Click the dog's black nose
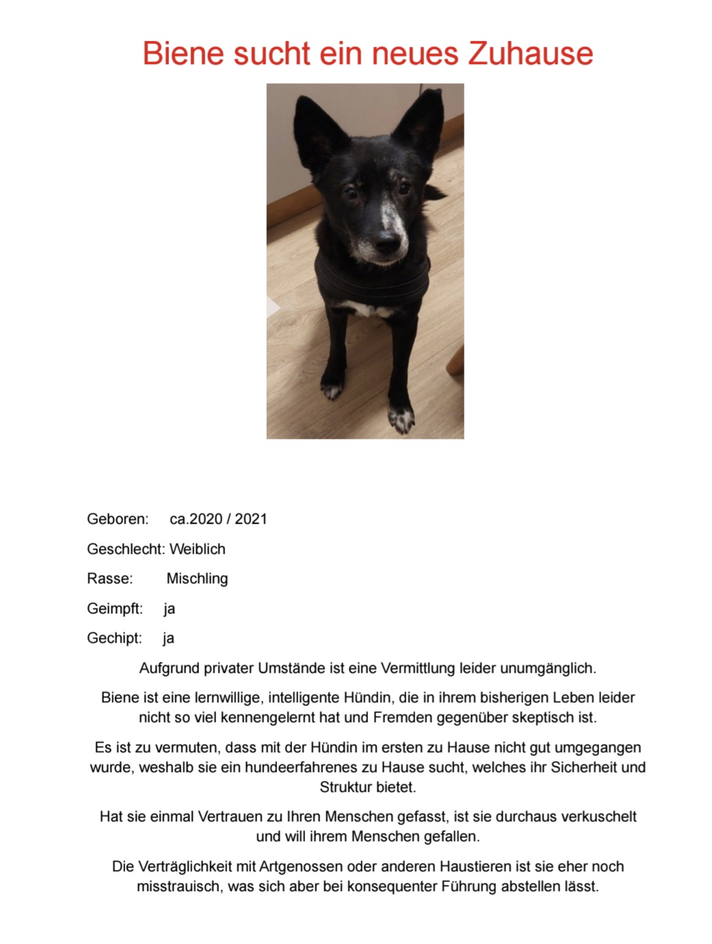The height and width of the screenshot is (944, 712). click(386, 242)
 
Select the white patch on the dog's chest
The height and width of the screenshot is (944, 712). click(370, 310)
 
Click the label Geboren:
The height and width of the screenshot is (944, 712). click(118, 519)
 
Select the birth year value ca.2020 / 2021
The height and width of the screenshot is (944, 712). click(218, 519)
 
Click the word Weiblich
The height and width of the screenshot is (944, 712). click(197, 549)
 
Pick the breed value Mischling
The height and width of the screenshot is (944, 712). click(197, 578)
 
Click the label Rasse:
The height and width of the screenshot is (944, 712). click(110, 578)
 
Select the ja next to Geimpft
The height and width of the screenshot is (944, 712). click(169, 608)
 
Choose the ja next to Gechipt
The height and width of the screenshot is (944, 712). click(168, 638)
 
